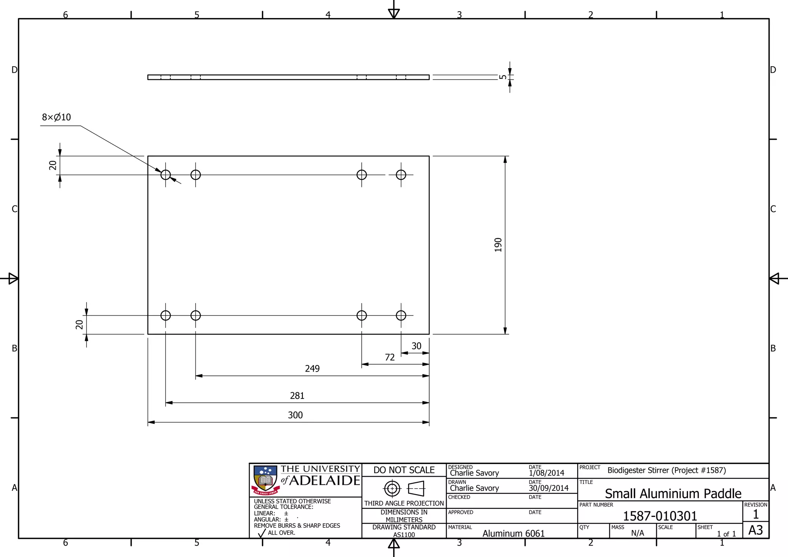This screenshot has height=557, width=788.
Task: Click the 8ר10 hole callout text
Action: [x=56, y=117]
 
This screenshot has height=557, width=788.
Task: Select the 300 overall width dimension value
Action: [x=295, y=415]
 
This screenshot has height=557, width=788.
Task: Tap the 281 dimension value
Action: [x=297, y=395]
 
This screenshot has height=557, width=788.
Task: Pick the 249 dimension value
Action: [x=312, y=369]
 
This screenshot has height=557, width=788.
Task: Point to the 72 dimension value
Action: [x=389, y=357]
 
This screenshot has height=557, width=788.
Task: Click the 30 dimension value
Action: [x=416, y=346]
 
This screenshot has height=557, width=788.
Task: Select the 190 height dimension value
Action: [x=498, y=245]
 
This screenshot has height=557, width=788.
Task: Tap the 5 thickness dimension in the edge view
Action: [x=503, y=77]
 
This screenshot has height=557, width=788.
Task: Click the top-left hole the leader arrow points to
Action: [x=165, y=175]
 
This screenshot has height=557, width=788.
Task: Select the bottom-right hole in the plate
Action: [x=401, y=315]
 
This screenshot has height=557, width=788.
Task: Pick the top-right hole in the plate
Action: [x=401, y=175]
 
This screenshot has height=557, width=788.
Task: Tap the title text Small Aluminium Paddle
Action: [x=673, y=493]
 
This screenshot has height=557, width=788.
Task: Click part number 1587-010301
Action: [x=659, y=516]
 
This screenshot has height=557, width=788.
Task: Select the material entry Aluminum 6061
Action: [x=513, y=533]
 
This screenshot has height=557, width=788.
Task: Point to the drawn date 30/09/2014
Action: [x=548, y=488]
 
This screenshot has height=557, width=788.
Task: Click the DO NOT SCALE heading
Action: [x=404, y=470]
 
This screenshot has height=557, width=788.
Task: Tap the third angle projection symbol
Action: [x=404, y=489]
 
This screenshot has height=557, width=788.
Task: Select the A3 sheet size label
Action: [x=755, y=530]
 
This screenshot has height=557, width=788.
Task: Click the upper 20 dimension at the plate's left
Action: [x=53, y=165]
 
